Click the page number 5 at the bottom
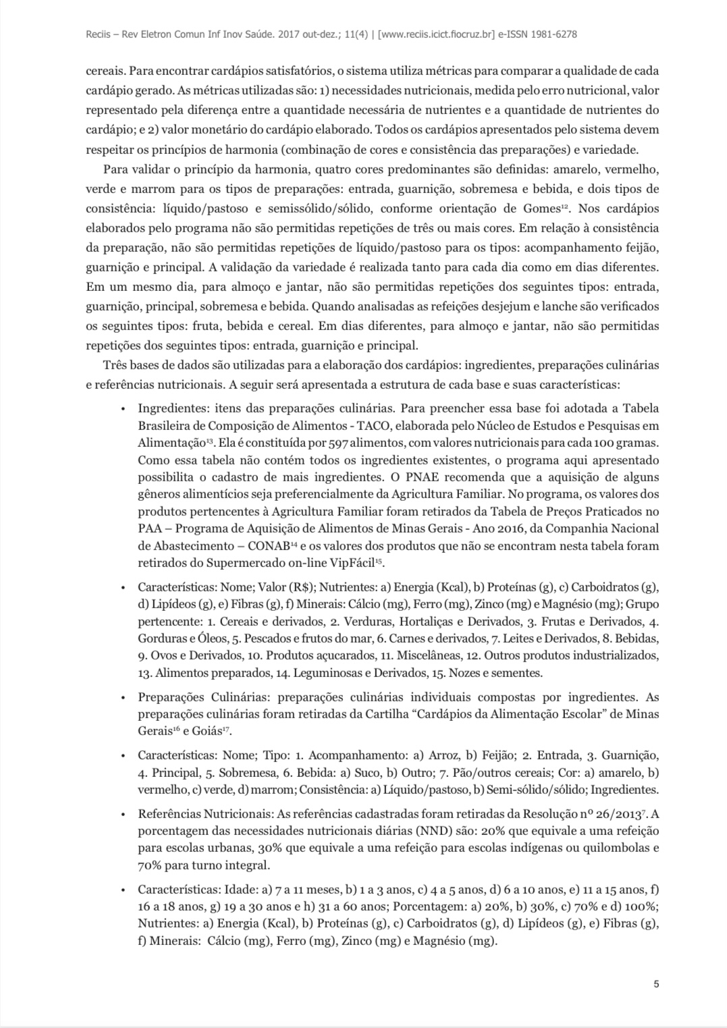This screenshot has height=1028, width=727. click(656, 983)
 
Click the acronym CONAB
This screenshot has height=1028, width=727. click(272, 546)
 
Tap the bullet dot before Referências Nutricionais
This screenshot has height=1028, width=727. click(123, 815)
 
